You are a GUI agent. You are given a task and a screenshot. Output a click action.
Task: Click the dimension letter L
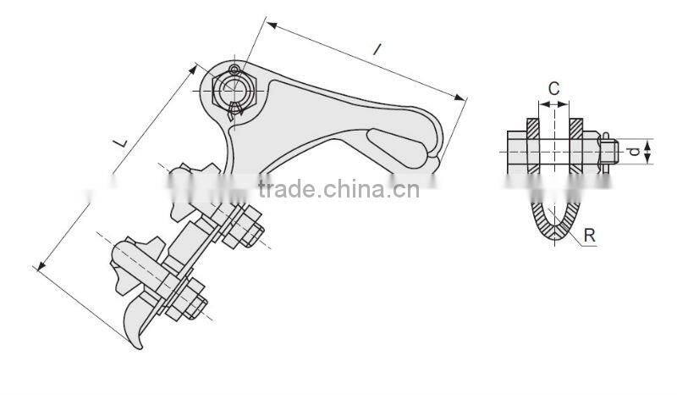tap(121, 145)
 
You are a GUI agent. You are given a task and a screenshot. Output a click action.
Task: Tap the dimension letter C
tap(553, 87)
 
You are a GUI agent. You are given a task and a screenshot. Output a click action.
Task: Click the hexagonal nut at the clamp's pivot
tap(234, 89)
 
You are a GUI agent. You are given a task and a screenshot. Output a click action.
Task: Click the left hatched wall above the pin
tap(534, 128)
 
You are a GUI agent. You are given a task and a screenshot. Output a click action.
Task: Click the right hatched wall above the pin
tap(575, 128)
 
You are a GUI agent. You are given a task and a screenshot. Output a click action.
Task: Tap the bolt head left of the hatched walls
tap(516, 152)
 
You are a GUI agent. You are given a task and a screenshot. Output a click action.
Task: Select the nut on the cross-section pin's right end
tap(606, 152)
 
